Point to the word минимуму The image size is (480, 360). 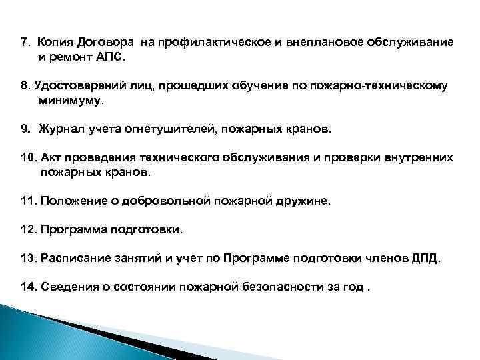point(71,101)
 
